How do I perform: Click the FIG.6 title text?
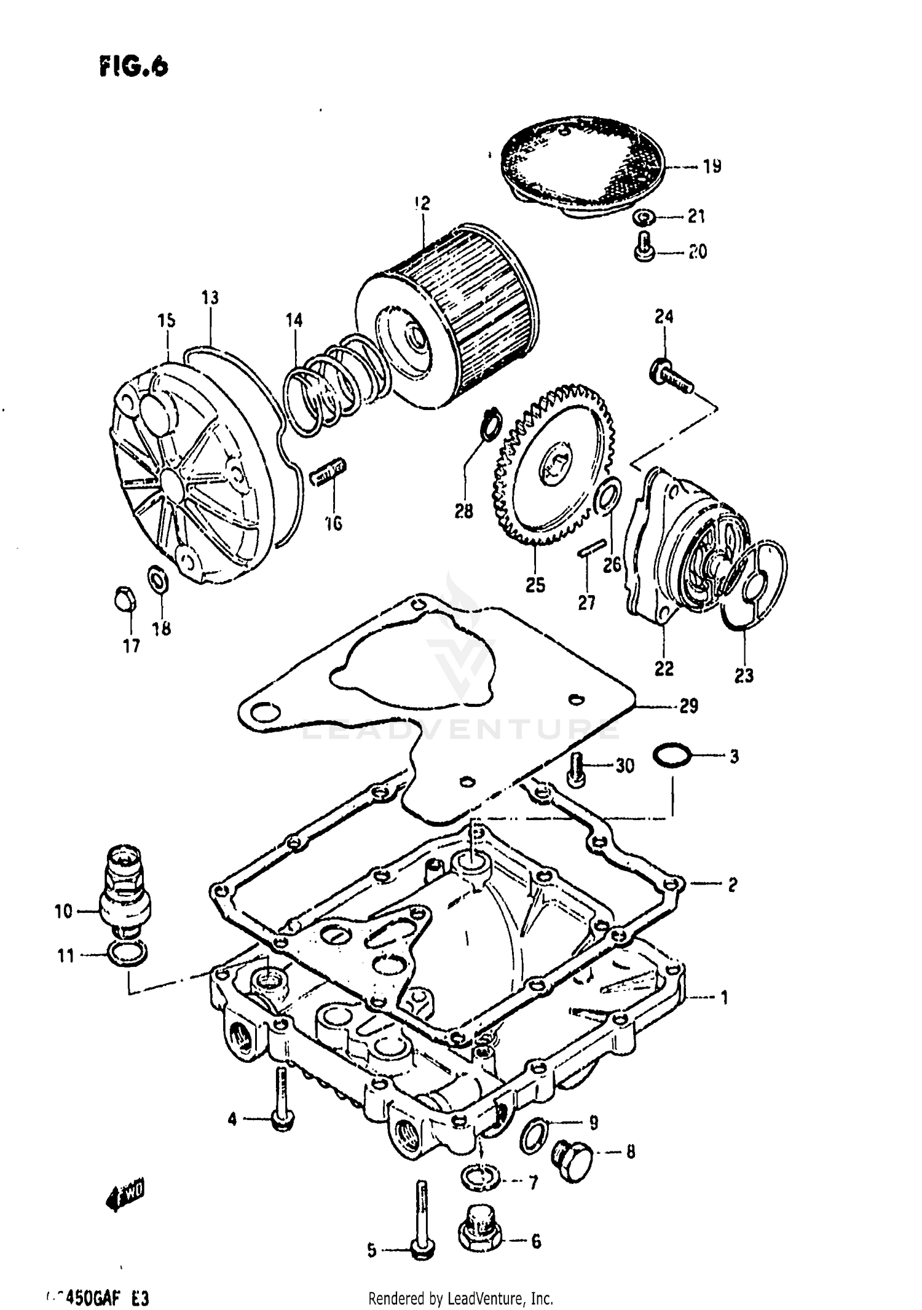point(133,66)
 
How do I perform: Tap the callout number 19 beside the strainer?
point(712,167)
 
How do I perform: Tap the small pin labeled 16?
point(329,474)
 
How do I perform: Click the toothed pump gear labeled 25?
point(553,467)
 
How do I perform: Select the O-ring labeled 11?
point(127,954)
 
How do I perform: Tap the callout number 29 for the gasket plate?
point(688,706)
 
